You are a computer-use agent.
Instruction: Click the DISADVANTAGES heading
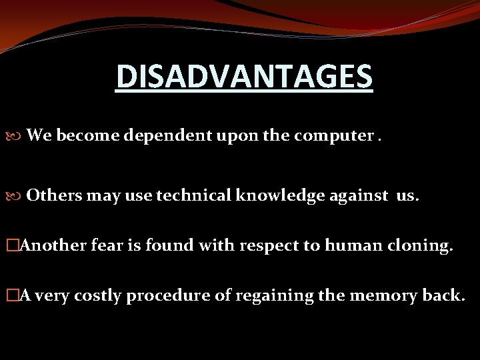tap(244, 76)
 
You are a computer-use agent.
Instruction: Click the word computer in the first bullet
tap(329, 137)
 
